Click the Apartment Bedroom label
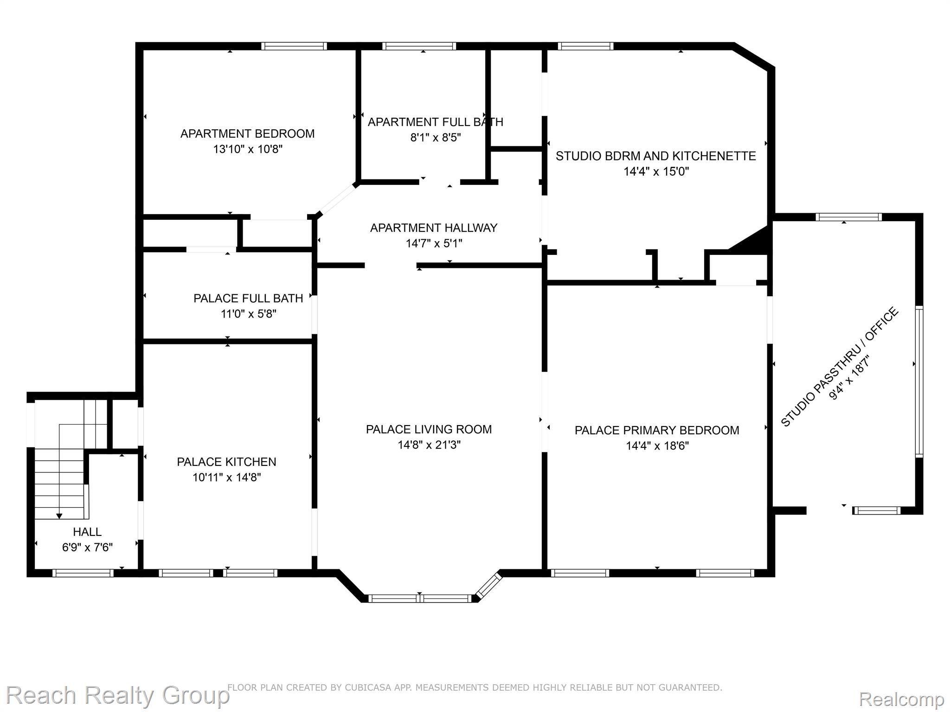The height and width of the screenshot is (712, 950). [247, 133]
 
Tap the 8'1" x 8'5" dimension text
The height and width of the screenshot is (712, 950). [435, 137]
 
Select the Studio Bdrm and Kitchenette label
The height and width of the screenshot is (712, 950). [656, 156]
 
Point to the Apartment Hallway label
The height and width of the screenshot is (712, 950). [434, 228]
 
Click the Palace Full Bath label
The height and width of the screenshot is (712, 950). [248, 298]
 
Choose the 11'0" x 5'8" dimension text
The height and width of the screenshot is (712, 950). [248, 314]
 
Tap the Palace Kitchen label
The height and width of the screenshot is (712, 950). [226, 462]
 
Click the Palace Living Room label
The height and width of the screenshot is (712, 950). [429, 429]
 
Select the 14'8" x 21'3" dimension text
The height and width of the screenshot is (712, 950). [429, 445]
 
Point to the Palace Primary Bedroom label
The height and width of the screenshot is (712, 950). [657, 430]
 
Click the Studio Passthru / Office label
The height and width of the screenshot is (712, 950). [840, 367]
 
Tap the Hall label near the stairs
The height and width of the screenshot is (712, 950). [87, 532]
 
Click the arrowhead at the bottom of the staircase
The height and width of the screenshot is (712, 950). [59, 516]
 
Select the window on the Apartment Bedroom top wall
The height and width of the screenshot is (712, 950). [294, 46]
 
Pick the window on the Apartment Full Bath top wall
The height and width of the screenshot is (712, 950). [419, 46]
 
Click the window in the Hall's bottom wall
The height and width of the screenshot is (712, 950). [83, 573]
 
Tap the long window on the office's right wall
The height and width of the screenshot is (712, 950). [919, 382]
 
